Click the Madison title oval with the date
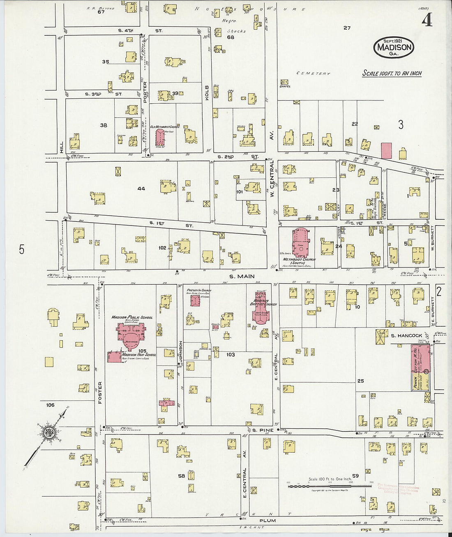coord(394,47)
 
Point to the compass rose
coord(48,433)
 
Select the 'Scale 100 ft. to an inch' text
coord(392,73)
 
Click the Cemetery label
coord(313,73)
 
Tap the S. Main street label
coord(242,276)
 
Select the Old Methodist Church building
coord(159,138)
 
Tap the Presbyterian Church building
coord(195,300)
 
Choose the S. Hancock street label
coord(406,335)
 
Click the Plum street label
coord(268,520)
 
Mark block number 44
coord(141,188)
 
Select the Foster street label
coord(100,393)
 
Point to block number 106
coord(50,405)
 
